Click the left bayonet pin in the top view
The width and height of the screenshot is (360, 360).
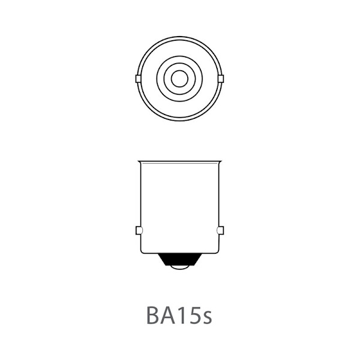pyautogui.click(x=138, y=79)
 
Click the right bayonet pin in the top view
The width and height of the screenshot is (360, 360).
pyautogui.click(x=221, y=79)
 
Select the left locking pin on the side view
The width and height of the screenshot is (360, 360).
pyautogui.click(x=139, y=230)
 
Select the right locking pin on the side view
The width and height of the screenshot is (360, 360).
pyautogui.click(x=220, y=230)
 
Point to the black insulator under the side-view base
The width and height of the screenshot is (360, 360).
pyautogui.click(x=180, y=259)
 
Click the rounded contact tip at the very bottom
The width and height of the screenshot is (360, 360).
pyautogui.click(x=180, y=267)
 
